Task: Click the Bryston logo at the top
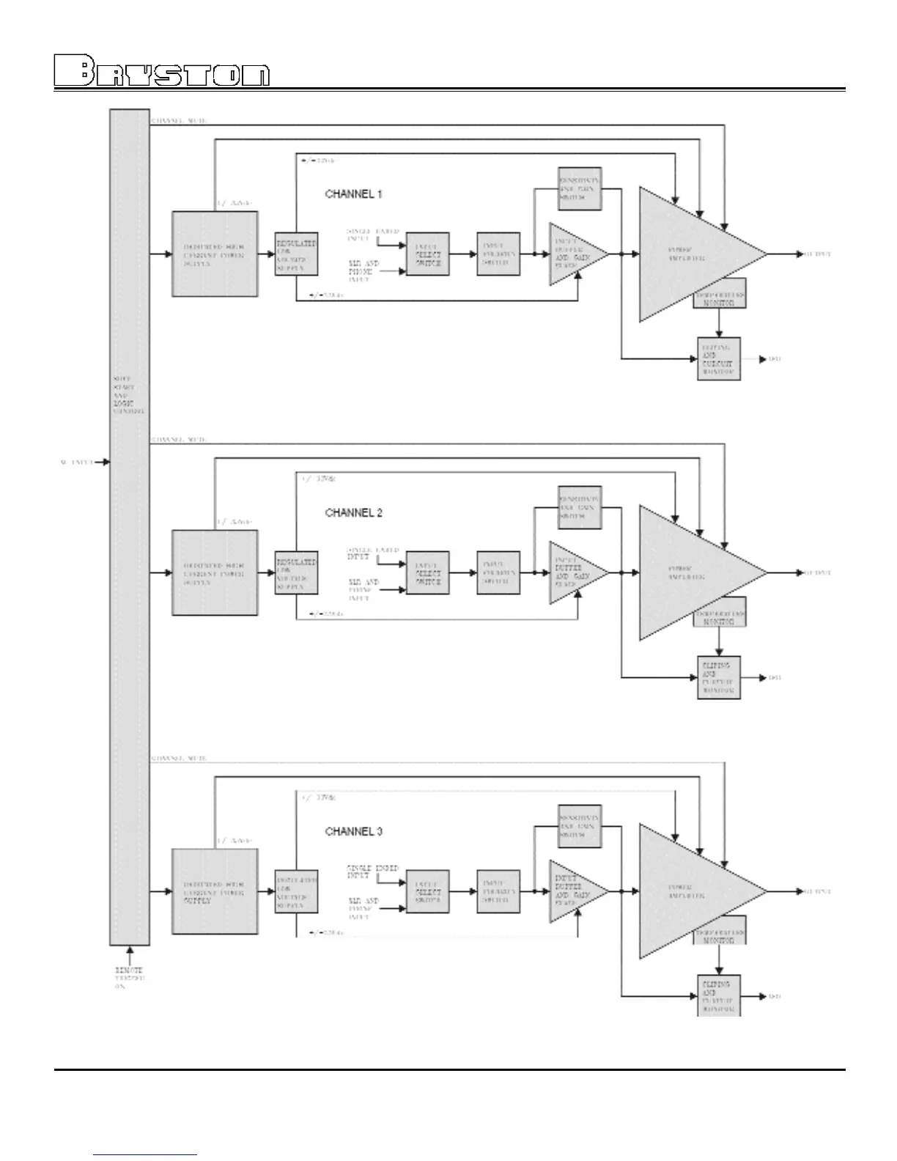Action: coord(162,72)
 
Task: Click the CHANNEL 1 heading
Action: coord(353,194)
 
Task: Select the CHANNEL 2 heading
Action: coord(353,513)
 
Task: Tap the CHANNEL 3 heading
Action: coord(353,832)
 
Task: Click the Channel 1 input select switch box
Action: coord(427,254)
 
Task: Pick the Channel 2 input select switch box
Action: coord(427,573)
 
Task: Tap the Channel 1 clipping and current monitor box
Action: coord(719,358)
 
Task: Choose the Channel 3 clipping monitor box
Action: coord(719,995)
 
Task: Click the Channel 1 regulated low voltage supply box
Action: coord(296,254)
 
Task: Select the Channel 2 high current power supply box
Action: coord(215,573)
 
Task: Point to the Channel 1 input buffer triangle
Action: coord(572,255)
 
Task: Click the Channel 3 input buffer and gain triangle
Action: coord(572,892)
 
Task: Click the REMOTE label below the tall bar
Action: coord(129,970)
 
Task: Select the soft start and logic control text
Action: coord(129,396)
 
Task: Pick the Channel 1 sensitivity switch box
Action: coord(579,188)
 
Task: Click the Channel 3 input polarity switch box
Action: coord(498,892)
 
